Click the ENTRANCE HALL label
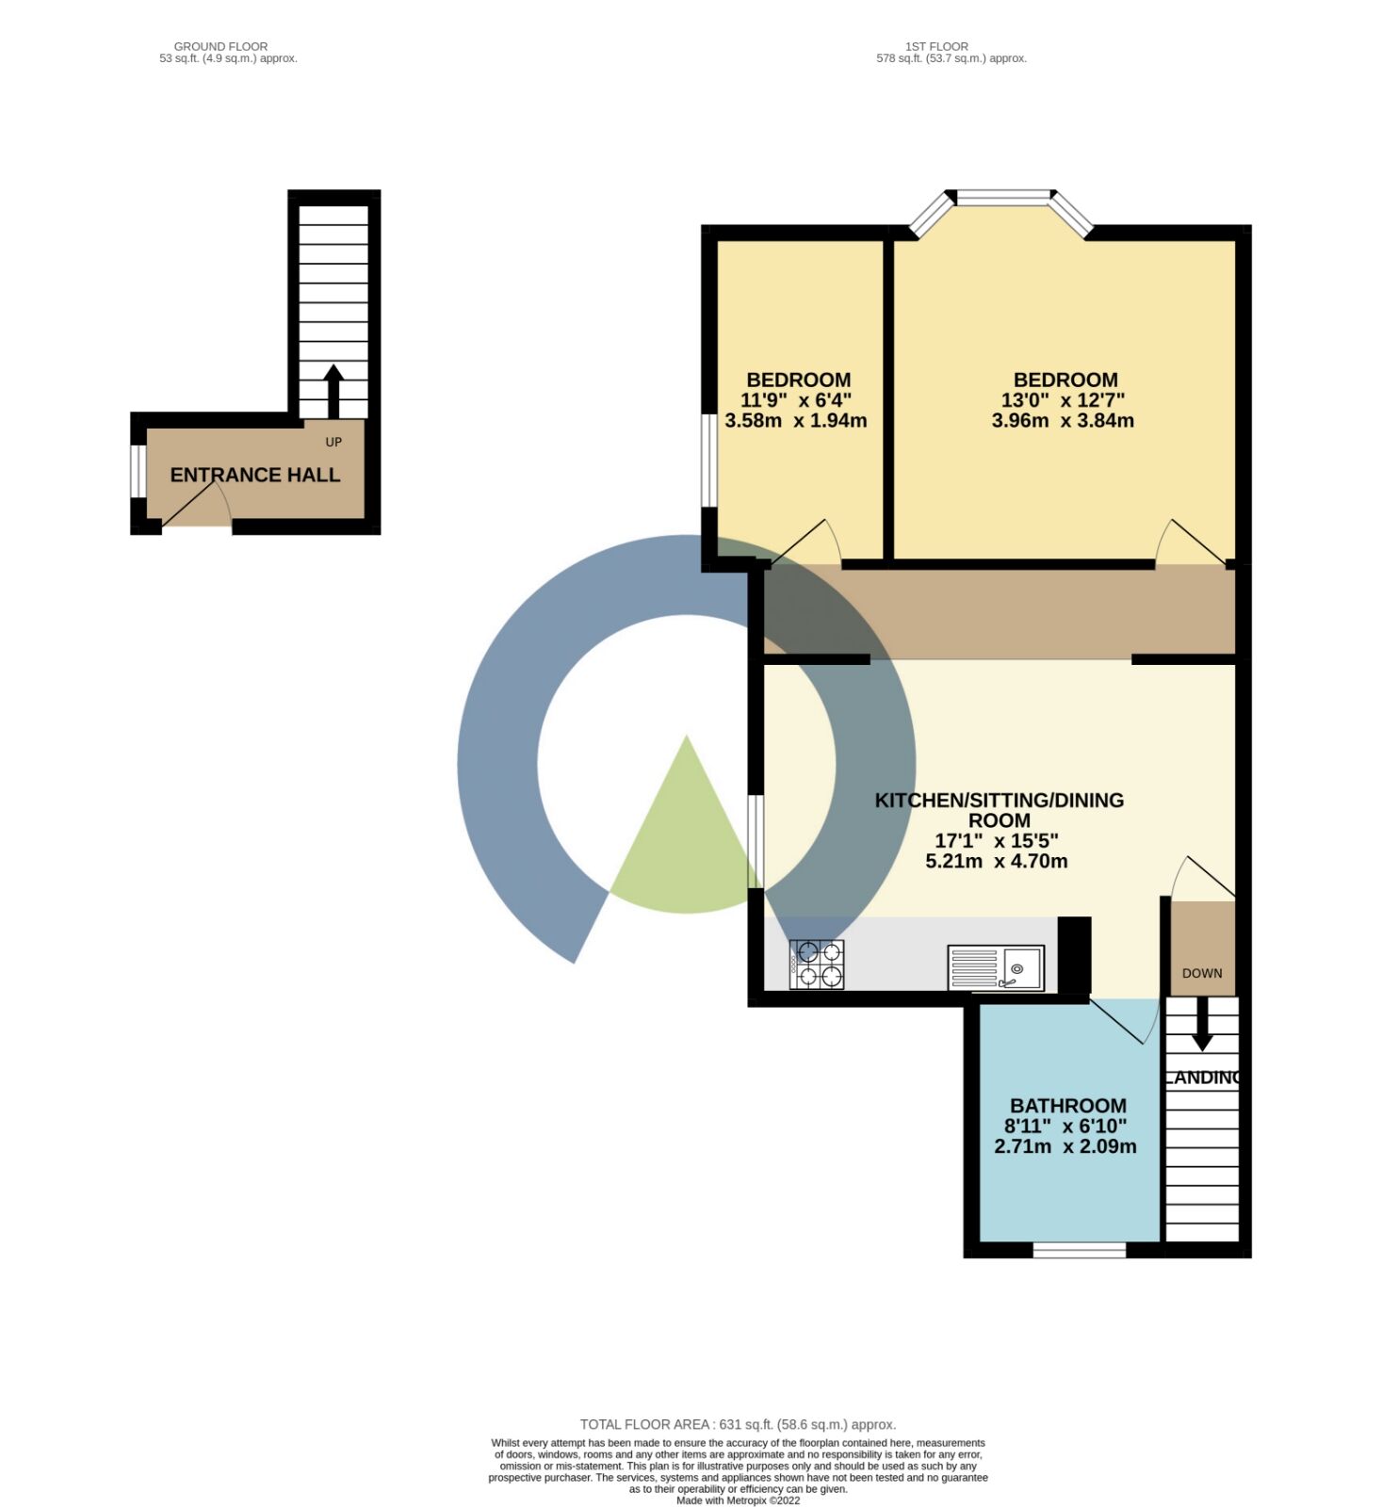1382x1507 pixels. (254, 475)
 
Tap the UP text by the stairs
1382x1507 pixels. (333, 442)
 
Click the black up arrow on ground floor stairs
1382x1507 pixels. (333, 392)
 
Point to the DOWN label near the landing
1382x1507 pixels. (1202, 973)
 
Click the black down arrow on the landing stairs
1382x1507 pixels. (1202, 1024)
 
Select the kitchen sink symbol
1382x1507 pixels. (996, 968)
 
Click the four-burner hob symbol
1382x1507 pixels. (817, 964)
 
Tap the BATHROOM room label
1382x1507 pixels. (1068, 1106)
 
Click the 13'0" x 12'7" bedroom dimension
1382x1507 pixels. (1063, 400)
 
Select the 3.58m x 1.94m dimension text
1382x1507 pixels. (796, 421)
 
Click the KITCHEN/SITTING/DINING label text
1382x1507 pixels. (1000, 801)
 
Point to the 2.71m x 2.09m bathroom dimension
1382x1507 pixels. (1065, 1147)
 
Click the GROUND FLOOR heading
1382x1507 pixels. (220, 46)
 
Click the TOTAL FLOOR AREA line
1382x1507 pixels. (738, 1425)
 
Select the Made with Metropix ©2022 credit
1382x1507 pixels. (738, 1501)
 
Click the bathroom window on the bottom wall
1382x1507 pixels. (1080, 1251)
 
